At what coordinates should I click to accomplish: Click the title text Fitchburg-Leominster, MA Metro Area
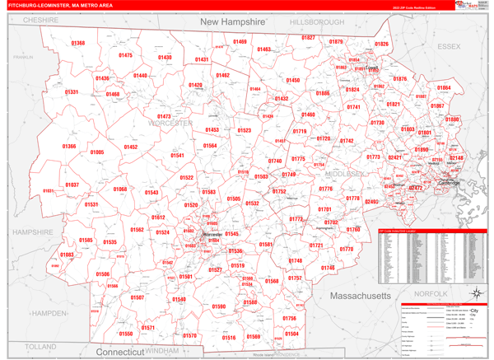62,5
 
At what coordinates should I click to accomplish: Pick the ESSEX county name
450,47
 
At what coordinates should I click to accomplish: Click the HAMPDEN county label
51,314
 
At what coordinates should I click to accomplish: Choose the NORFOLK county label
431,293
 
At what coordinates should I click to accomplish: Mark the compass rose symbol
476,293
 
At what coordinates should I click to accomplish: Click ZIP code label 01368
78,43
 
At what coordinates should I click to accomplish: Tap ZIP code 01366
69,147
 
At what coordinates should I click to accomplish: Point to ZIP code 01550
125,334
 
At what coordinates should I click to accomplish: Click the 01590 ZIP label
218,306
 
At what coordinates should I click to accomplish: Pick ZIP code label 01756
289,318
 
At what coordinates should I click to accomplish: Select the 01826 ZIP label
382,44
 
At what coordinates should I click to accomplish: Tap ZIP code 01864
444,88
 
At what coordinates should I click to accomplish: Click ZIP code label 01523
245,130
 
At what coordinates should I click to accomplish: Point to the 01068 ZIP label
120,189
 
